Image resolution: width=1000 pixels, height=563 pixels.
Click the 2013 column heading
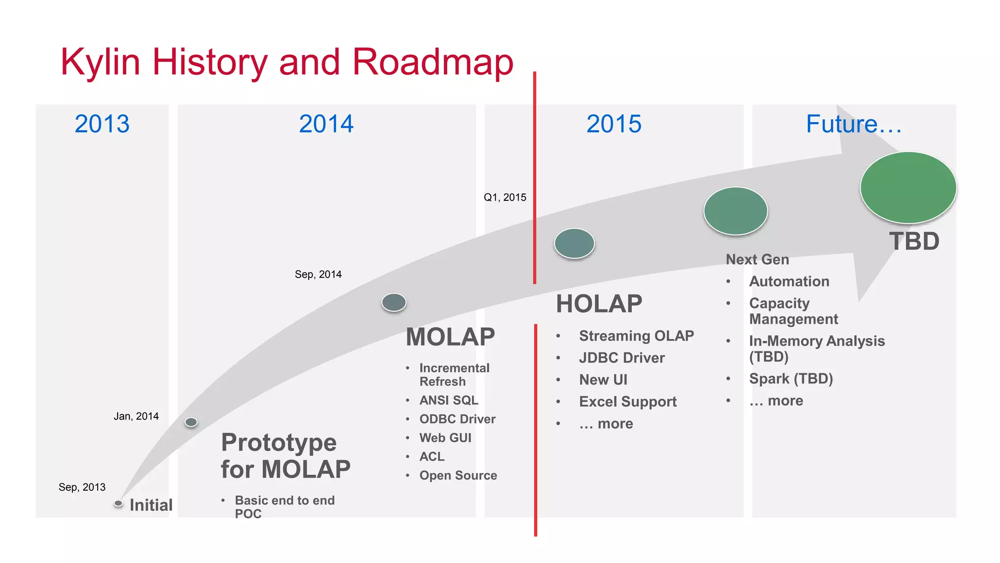tap(102, 124)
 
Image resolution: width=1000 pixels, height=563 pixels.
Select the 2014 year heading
tap(326, 124)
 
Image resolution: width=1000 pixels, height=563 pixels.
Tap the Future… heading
tap(854, 124)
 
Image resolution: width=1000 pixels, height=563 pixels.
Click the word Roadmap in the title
tap(433, 62)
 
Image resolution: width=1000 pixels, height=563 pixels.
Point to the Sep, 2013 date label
tap(82, 487)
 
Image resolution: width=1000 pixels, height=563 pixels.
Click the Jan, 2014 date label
tap(136, 416)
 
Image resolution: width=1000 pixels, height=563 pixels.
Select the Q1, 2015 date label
tap(505, 197)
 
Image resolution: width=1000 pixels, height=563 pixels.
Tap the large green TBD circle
tap(908, 188)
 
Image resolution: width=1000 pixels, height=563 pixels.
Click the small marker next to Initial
tap(118, 503)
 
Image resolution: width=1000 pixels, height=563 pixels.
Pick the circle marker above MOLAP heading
tap(394, 302)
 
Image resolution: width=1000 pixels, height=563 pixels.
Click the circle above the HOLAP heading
tap(574, 243)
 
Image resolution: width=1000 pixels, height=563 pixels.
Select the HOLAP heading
tap(599, 303)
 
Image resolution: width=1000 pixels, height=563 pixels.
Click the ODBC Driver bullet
tap(457, 419)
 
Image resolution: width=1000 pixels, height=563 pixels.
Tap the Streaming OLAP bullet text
tap(636, 336)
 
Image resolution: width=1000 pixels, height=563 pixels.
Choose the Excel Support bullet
tap(627, 402)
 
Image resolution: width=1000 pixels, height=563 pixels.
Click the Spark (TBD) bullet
tap(791, 379)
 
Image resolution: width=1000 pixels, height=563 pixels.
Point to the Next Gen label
tap(757, 260)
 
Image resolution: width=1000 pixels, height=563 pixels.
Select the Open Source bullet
tap(458, 476)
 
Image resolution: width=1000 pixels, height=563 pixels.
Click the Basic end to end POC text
tap(284, 506)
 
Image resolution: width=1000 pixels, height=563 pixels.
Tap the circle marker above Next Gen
tap(735, 211)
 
